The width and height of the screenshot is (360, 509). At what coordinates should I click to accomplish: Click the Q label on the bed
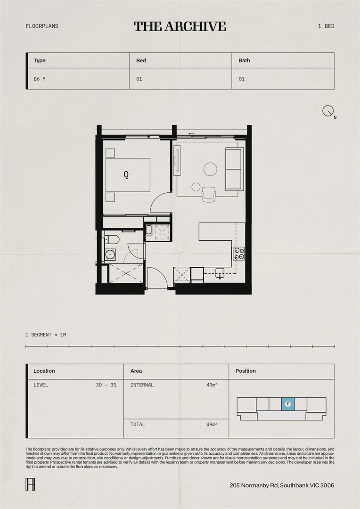126,174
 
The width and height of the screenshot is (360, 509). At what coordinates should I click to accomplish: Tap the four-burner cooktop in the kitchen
239,254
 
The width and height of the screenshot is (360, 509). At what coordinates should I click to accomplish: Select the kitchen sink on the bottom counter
220,271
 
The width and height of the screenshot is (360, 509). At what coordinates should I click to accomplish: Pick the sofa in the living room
234,169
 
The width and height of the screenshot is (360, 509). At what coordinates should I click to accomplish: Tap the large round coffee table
210,169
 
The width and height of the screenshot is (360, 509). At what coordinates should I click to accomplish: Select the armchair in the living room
209,194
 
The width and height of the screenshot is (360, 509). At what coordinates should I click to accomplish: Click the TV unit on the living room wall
177,161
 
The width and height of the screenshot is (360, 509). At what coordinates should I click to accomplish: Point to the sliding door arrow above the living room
191,134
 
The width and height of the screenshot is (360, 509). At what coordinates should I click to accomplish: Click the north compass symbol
328,111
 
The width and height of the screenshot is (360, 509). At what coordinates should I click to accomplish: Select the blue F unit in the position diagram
288,404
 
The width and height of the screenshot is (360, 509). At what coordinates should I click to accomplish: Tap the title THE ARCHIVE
180,26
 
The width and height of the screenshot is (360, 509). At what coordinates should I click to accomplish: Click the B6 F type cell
40,79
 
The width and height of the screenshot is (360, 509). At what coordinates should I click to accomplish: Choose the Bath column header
244,60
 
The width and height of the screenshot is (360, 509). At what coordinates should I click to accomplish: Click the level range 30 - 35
106,385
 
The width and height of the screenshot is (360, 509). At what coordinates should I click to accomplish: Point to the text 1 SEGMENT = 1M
46,335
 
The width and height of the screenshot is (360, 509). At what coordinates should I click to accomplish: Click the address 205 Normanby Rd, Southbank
282,485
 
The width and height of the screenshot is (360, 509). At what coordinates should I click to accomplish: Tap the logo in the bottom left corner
29,484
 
